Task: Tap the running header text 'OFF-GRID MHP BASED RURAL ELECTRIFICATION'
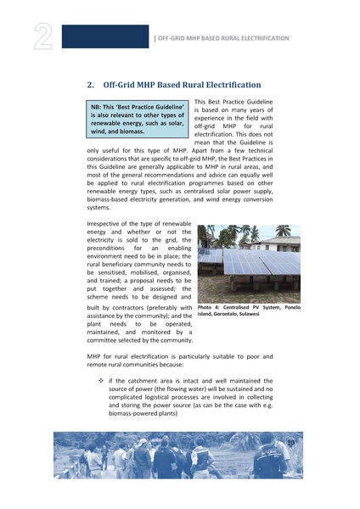(224, 38)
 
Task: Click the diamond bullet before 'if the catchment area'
(101, 381)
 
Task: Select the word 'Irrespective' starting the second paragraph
(107, 223)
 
